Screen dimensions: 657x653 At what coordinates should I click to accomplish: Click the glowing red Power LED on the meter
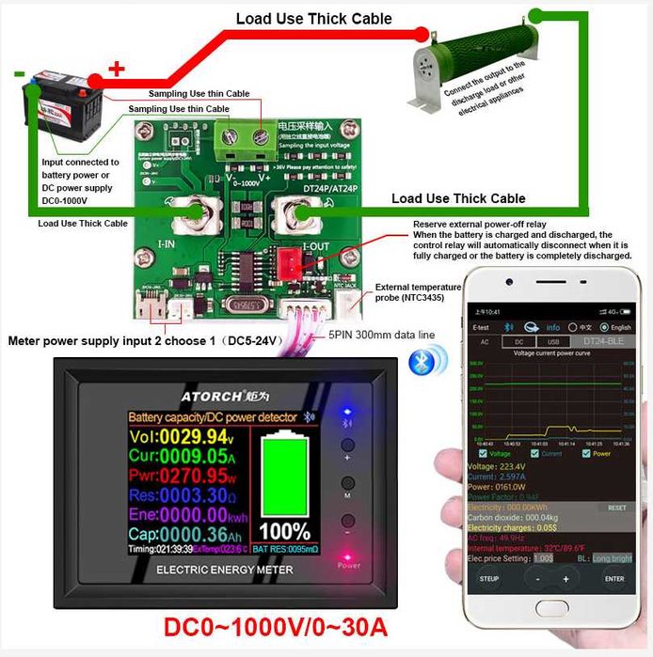[x=347, y=555]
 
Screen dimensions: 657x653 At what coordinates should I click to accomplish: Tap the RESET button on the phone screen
[x=615, y=508]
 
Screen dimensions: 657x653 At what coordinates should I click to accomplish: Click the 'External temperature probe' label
[x=418, y=293]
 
